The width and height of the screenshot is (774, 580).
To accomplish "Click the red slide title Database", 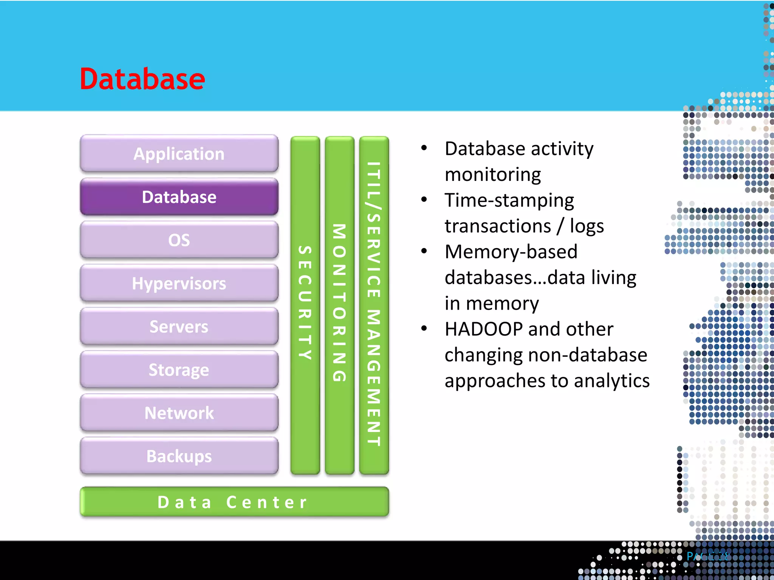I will tap(142, 79).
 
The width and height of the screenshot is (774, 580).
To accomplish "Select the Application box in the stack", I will tap(179, 154).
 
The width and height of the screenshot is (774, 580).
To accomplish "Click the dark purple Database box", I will tap(179, 197).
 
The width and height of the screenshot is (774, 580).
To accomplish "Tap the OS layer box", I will tap(179, 240).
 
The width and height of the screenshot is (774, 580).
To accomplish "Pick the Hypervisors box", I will tap(179, 283).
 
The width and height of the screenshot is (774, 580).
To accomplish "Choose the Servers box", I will tap(179, 327).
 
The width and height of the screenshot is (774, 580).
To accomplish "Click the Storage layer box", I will tap(179, 370).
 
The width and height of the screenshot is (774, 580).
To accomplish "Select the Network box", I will tap(179, 413).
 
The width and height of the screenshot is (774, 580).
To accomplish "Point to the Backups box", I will tap(179, 456).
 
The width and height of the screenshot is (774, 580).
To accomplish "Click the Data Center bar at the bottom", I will tap(234, 502).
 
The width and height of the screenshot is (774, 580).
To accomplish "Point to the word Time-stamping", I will tap(509, 200).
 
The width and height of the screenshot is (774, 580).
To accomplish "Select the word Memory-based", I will tap(511, 252).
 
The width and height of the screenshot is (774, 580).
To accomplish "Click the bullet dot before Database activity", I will tap(424, 148).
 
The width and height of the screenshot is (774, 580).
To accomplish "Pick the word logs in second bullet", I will tap(587, 226).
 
